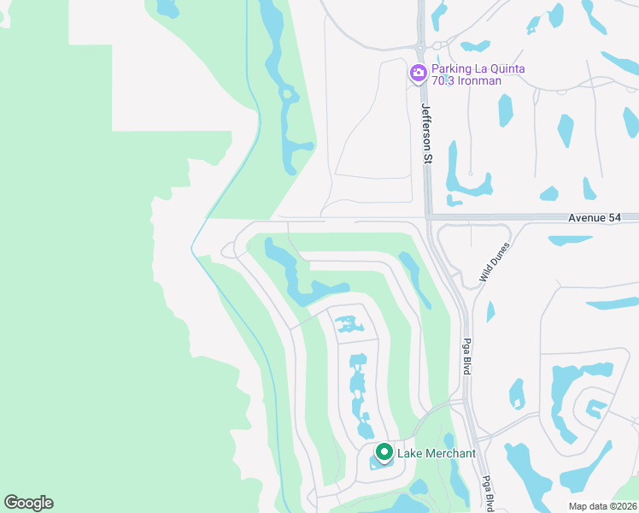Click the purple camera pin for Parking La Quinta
[x=419, y=74]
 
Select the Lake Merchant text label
[x=437, y=453]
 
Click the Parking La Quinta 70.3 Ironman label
[x=478, y=74]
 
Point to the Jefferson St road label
[x=426, y=133]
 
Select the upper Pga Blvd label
[x=467, y=352]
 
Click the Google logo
[x=28, y=503]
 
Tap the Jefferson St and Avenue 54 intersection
[x=427, y=217]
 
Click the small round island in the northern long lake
[x=287, y=94]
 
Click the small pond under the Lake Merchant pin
[x=382, y=464]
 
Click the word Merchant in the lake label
[x=450, y=453]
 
